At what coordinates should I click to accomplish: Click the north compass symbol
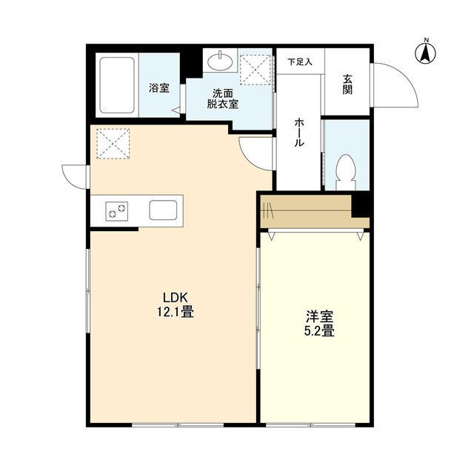pos(426,53)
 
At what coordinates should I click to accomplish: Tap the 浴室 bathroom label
pos(159,88)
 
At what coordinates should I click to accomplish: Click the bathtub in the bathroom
pos(117,85)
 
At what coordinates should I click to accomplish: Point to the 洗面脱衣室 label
pos(223,99)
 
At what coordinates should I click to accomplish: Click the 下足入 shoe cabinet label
pos(299,62)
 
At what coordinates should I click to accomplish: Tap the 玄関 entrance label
pos(347,84)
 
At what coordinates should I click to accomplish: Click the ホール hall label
pos(299,132)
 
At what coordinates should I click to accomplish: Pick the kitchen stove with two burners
pos(117,211)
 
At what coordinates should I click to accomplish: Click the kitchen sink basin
pos(163,210)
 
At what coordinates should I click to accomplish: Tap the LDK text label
pos(176,298)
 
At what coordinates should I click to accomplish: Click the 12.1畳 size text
pos(175,312)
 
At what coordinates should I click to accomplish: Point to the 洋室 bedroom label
pos(319,317)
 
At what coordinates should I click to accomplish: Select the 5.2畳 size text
pos(319,331)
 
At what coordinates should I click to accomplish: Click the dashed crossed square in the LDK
pos(113,144)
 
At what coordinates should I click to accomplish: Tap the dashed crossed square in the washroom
pos(255,70)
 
